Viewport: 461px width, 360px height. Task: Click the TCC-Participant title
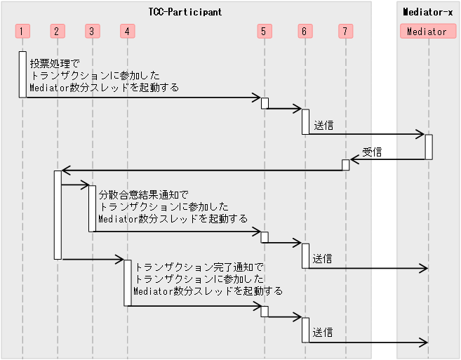pyautogui.click(x=185, y=12)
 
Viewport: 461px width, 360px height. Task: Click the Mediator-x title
pyautogui.click(x=427, y=12)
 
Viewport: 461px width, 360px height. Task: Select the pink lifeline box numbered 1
pyautogui.click(x=22, y=31)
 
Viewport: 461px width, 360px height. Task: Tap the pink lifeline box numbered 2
pyautogui.click(x=58, y=31)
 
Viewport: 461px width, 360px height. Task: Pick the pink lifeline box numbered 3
pyautogui.click(x=92, y=31)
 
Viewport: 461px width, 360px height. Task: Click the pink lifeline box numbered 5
pyautogui.click(x=264, y=31)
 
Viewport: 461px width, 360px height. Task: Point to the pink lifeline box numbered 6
pyautogui.click(x=305, y=31)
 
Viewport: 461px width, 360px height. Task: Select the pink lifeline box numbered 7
pyautogui.click(x=345, y=31)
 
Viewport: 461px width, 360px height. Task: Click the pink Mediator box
pyautogui.click(x=427, y=31)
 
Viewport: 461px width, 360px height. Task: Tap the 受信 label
pyautogui.click(x=372, y=152)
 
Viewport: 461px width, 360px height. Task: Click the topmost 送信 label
pyautogui.click(x=323, y=125)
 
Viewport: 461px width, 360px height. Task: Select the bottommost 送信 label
pyautogui.click(x=323, y=332)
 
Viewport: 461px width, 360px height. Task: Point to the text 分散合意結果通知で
pyautogui.click(x=144, y=194)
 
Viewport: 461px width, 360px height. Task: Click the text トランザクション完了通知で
pyautogui.click(x=199, y=267)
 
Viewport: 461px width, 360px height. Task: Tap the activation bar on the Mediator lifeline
pyautogui.click(x=428, y=147)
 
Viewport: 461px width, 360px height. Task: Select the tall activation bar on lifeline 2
pyautogui.click(x=58, y=214)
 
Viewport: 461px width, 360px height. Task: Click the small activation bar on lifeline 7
pyautogui.click(x=345, y=164)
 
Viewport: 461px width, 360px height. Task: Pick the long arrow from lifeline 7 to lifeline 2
pyautogui.click(x=203, y=170)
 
